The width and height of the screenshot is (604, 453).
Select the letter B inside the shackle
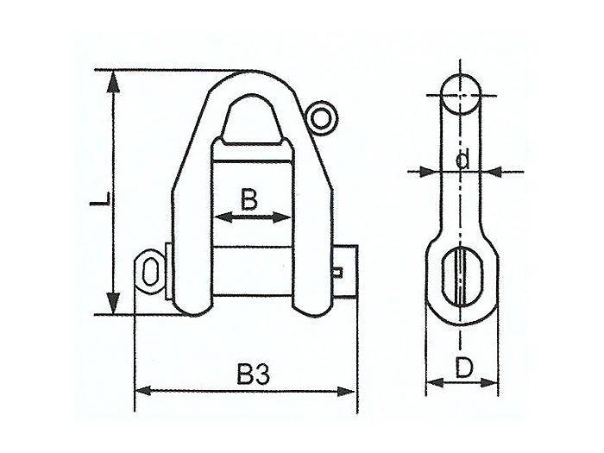[249, 200]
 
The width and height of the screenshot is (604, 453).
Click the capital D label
[463, 368]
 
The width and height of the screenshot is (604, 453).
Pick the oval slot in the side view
[463, 271]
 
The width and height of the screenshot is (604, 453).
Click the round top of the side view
[463, 92]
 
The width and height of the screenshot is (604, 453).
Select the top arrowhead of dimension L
[112, 79]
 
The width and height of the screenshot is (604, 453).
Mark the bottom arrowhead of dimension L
[112, 305]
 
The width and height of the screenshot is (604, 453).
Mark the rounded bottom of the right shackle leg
[314, 305]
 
